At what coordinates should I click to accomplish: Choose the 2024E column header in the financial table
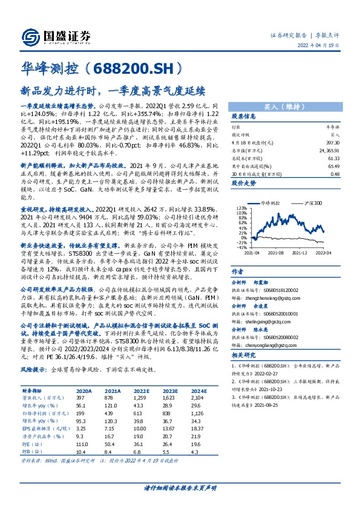(x=198, y=392)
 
